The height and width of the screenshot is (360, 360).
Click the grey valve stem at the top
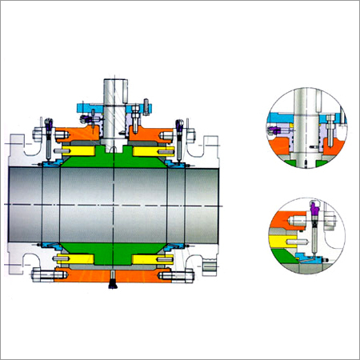coord(113,92)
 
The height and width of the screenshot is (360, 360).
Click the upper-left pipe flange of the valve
coord(17,149)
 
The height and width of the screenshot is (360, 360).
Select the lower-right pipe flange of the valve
coord(209,259)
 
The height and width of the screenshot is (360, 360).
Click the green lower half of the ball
coord(113,248)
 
